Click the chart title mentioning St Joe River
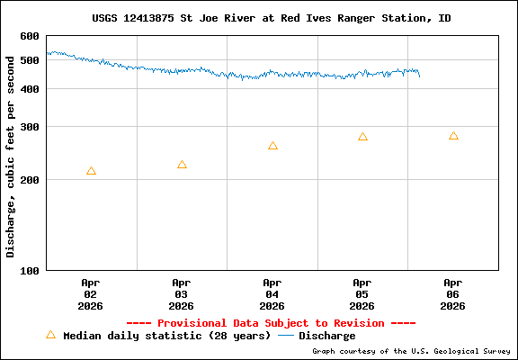[272, 18]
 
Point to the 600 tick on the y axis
[30, 36]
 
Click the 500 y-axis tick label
[30, 60]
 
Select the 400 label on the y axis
[30, 89]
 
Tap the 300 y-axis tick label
[30, 127]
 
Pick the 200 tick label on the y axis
[30, 180]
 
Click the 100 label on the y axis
[30, 270]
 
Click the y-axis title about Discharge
[11, 153]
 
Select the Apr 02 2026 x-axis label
[91, 293]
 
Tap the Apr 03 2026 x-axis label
[182, 293]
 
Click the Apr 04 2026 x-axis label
[272, 293]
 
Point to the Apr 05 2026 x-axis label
[362, 293]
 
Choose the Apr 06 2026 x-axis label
[453, 293]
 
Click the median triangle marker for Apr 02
[91, 171]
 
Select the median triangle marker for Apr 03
[182, 165]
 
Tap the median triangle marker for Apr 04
[272, 146]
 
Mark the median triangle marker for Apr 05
[362, 137]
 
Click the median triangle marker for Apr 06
[453, 136]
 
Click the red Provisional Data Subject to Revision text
[271, 323]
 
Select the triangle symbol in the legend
[50, 335]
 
